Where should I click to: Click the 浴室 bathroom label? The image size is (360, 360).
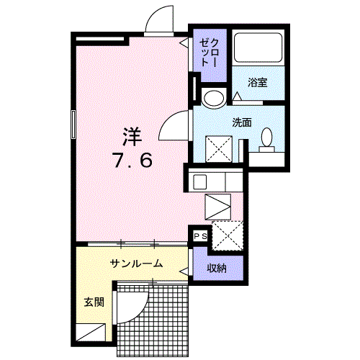[258, 82]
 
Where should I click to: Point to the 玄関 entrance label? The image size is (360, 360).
[93, 302]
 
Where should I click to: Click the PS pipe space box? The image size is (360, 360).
[199, 235]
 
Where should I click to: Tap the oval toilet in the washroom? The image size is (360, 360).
[266, 136]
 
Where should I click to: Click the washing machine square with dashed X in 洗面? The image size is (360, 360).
[220, 148]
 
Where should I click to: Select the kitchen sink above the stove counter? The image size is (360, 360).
[201, 181]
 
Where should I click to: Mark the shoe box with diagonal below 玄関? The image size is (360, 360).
[93, 333]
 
